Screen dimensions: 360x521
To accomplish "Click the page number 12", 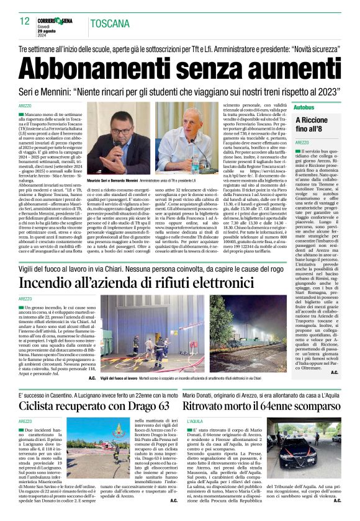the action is (25, 21).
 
